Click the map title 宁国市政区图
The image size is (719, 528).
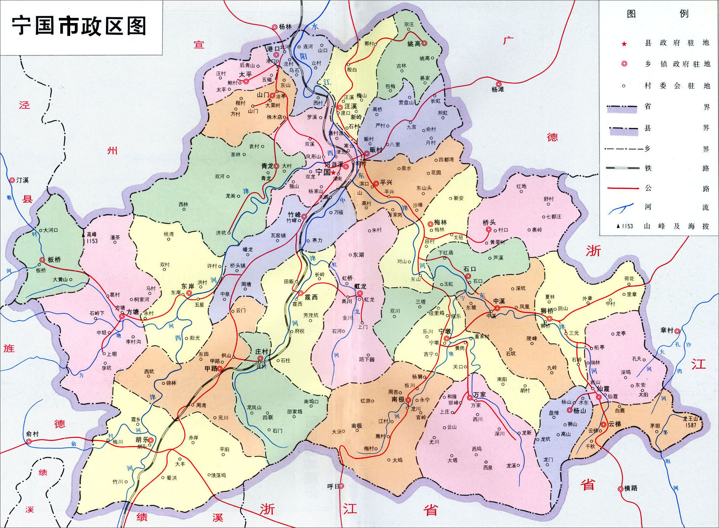(79, 27)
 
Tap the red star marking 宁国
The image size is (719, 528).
(333, 172)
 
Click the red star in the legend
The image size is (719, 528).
(624, 44)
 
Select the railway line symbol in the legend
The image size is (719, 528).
(622, 168)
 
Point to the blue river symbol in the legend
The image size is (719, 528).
(622, 208)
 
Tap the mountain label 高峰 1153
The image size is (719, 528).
(92, 238)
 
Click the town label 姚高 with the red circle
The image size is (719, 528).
(415, 44)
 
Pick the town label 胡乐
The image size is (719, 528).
(142, 440)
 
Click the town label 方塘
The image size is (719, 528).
(132, 312)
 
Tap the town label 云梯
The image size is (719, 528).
(614, 424)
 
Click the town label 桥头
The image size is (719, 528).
(489, 222)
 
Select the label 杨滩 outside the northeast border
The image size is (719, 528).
(498, 89)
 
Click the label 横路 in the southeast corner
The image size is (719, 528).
(630, 488)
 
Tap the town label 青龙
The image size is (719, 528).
(267, 166)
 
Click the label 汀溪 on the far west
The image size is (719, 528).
(22, 180)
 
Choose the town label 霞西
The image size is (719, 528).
(311, 297)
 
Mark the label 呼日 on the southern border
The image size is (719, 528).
(333, 486)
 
